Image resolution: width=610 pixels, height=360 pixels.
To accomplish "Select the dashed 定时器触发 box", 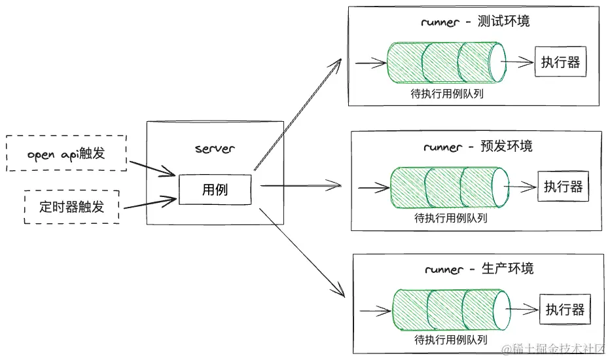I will coord(71,207).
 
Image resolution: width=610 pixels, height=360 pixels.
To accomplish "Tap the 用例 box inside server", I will coord(215,189).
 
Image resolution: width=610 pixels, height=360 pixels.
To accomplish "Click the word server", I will coord(215,149).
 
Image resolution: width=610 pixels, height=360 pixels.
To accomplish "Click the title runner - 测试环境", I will coord(475,22).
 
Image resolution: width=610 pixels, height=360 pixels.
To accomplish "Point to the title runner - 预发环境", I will coord(478,146).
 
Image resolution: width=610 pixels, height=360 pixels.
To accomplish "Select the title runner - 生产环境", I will coord(479,269).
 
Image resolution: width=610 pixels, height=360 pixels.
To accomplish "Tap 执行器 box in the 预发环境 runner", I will coord(563,187).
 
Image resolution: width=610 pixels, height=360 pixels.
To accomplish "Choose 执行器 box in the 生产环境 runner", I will coord(565,310).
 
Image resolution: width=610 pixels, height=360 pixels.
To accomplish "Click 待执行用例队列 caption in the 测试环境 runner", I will coord(447,94).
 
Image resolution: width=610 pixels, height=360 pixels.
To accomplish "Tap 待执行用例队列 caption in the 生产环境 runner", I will coord(451,340).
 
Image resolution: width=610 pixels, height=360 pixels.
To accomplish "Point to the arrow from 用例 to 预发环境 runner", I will coord(301,186).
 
